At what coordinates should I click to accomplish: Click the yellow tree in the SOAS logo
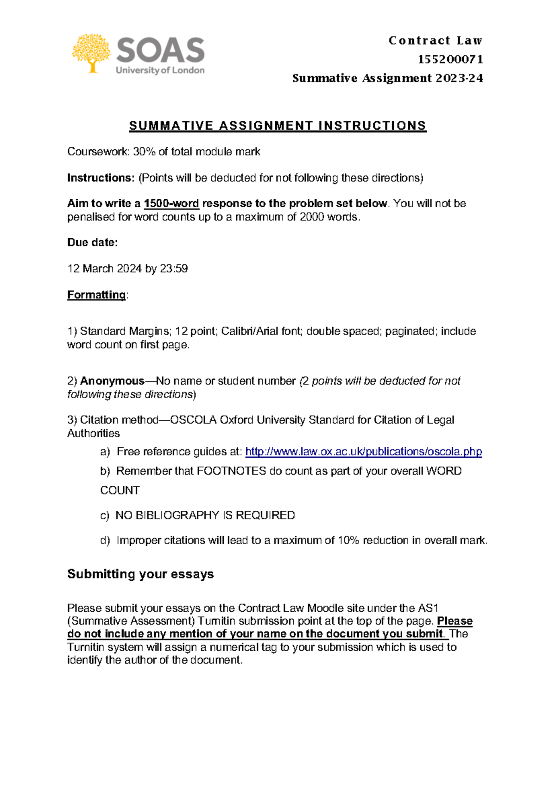(91, 52)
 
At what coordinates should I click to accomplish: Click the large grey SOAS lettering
(160, 50)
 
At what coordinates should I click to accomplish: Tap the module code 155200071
(450, 59)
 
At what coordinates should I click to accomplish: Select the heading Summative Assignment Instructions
(278, 126)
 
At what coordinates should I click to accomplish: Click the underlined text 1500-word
(171, 203)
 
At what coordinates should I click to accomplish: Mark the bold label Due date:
(92, 242)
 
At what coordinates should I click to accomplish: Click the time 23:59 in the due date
(174, 269)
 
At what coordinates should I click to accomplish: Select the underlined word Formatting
(96, 295)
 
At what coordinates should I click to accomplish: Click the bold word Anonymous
(112, 381)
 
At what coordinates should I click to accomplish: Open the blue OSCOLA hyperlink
(363, 451)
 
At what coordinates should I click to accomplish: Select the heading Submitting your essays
(140, 574)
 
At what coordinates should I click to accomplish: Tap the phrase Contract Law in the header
(436, 41)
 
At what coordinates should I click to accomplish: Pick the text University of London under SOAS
(160, 70)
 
